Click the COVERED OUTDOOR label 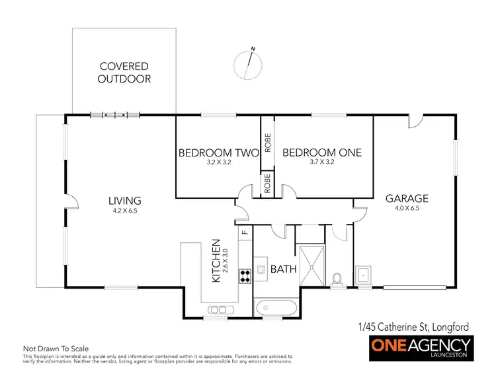[124, 73]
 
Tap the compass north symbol [249, 63]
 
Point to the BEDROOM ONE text [322, 153]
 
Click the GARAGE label [407, 198]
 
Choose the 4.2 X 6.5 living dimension [124, 211]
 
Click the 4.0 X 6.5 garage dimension [407, 209]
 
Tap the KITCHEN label [216, 261]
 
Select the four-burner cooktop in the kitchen [244, 275]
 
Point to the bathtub [276, 307]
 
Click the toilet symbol [338, 279]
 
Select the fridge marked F [244, 232]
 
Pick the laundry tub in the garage [362, 274]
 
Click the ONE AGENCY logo [420, 346]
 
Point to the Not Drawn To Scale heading [56, 348]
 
